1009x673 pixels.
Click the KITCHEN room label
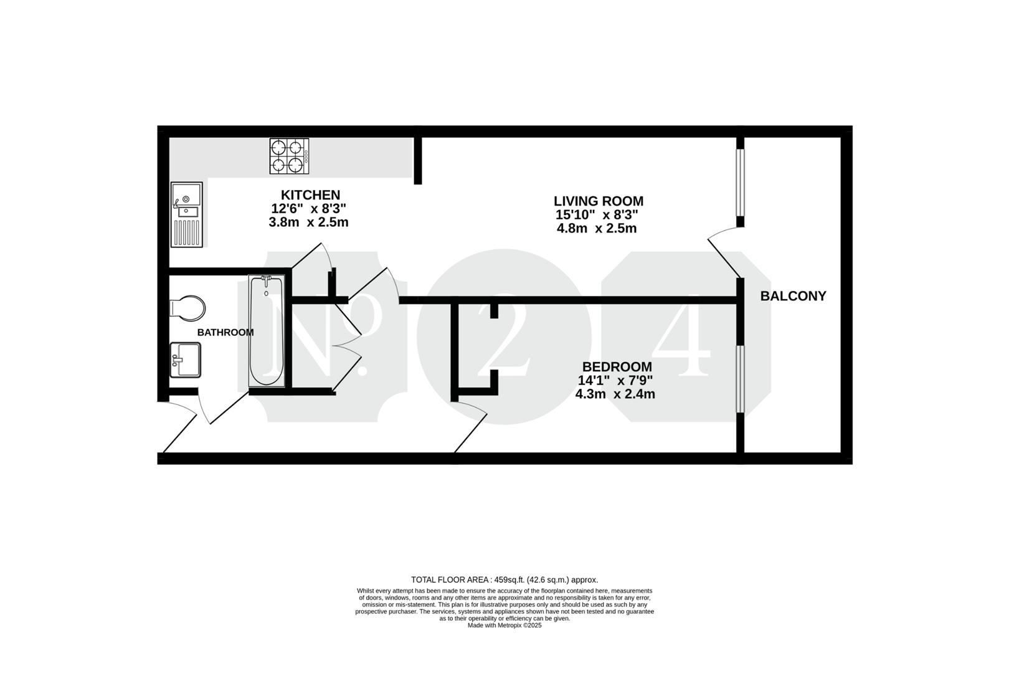310,195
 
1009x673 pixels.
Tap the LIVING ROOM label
598,201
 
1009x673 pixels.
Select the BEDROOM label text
617,366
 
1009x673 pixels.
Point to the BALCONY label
793,296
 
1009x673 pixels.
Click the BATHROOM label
225,333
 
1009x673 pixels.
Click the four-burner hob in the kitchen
289,156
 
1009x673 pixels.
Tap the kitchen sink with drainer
186,214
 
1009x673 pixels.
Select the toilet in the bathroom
187,308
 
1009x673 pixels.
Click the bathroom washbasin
185,360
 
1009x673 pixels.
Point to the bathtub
267,332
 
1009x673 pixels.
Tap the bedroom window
740,379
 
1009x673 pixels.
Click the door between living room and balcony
724,252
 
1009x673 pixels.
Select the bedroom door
470,426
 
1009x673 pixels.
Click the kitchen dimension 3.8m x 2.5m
308,222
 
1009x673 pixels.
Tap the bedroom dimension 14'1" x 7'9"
615,381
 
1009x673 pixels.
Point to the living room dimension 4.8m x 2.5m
597,228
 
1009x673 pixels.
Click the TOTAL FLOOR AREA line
504,580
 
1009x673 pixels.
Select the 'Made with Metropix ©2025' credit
504,626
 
